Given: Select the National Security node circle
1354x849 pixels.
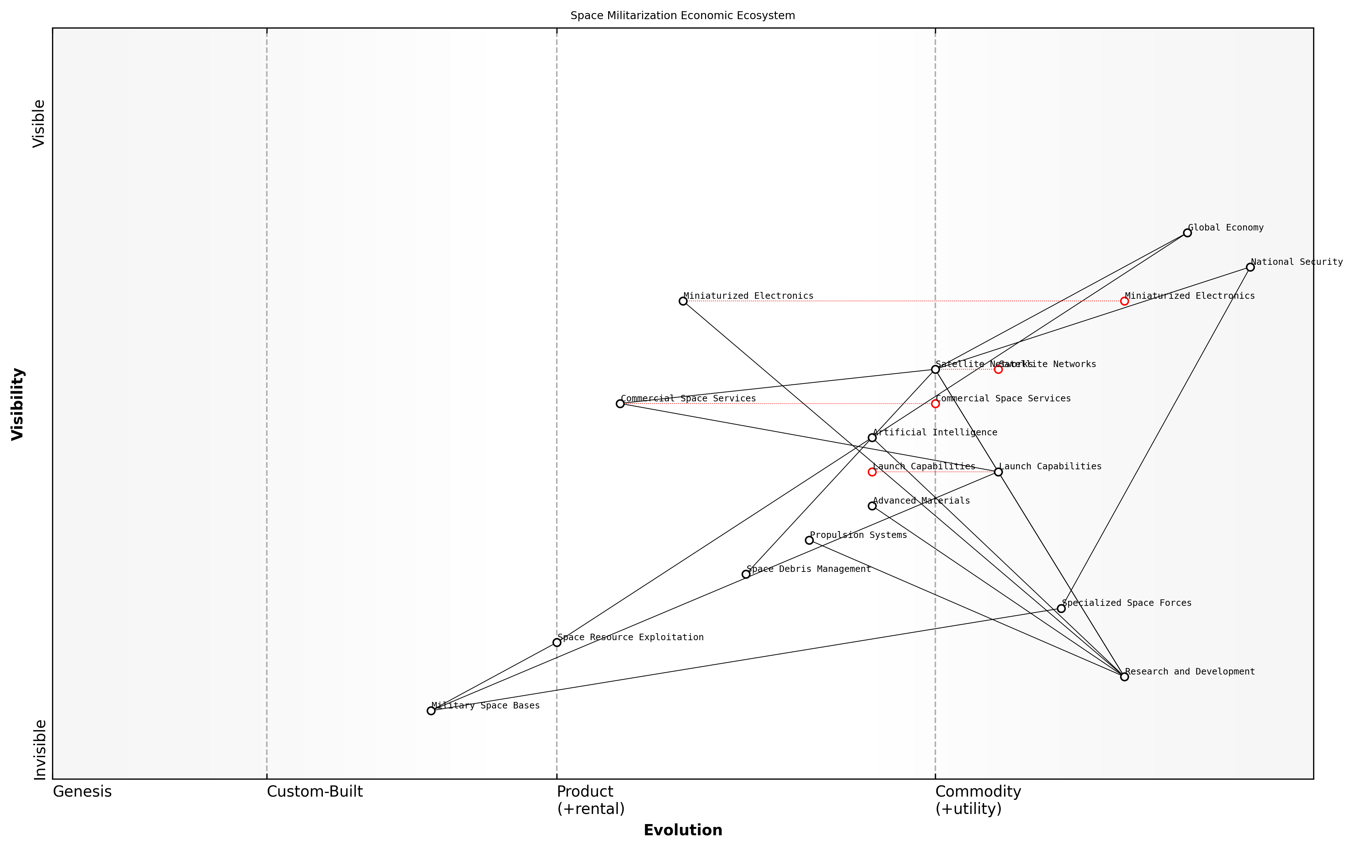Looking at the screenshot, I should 1250,267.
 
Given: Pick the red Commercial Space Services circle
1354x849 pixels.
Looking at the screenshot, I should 935,404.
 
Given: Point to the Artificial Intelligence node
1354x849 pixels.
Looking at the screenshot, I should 872,438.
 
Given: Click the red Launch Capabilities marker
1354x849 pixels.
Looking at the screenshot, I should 872,472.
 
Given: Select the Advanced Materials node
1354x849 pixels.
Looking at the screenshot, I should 872,506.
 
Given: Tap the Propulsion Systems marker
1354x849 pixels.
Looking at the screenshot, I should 809,540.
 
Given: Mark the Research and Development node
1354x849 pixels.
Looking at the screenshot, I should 1124,677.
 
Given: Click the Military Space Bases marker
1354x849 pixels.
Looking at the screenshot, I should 431,711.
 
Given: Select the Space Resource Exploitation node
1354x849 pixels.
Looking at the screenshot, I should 557,642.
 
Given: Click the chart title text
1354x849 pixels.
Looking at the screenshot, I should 683,16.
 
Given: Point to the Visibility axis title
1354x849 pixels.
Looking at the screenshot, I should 18,404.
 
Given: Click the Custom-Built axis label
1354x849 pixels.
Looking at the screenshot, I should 315,792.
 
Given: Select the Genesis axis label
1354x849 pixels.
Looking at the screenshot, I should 82,792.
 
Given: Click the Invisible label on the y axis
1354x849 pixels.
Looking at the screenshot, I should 39,750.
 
